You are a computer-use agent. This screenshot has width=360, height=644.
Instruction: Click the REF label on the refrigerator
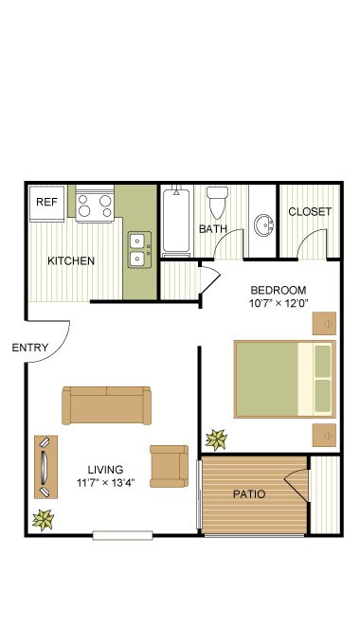tap(46, 202)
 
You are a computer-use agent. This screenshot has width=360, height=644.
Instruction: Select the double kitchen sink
tap(139, 250)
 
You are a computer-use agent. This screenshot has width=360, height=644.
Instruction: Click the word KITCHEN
tap(71, 260)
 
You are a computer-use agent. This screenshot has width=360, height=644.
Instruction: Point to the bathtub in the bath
tap(176, 221)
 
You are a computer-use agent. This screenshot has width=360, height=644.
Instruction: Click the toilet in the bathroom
tap(217, 203)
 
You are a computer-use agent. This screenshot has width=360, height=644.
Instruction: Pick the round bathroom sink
tap(264, 225)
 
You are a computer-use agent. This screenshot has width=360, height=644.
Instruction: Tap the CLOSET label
tap(310, 212)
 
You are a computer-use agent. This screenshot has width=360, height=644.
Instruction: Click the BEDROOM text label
tap(279, 291)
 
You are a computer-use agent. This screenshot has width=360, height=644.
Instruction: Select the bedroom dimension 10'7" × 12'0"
tap(279, 303)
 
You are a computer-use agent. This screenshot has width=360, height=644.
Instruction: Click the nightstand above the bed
tap(324, 323)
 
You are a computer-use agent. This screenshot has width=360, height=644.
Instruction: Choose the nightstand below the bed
tap(324, 436)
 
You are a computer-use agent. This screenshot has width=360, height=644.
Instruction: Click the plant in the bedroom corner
tap(217, 439)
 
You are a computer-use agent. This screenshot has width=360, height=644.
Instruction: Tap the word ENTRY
tap(30, 348)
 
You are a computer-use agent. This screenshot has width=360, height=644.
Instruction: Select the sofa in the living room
tap(106, 405)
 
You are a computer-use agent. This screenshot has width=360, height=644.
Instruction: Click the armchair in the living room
tap(169, 466)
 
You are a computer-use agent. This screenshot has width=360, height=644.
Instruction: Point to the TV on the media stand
tap(45, 468)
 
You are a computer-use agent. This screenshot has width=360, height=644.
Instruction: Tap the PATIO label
tap(249, 494)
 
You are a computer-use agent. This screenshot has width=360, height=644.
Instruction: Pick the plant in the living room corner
tap(44, 520)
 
